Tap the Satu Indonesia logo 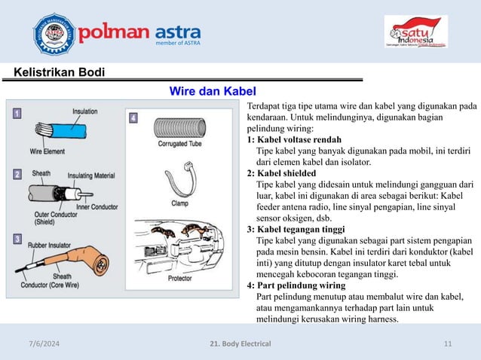point(416,31)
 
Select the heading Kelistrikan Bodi point(60,72)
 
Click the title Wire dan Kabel point(203,92)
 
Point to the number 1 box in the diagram point(17,114)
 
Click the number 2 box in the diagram point(17,175)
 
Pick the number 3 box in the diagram point(17,239)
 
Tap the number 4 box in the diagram point(133,118)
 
